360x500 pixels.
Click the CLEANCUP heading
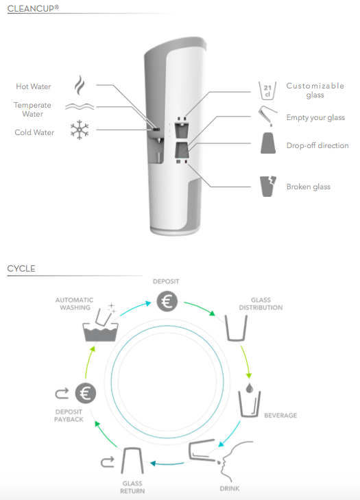(33, 8)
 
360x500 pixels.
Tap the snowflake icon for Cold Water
(80, 130)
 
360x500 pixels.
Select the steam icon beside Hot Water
(80, 86)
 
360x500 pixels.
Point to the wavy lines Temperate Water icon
(80, 106)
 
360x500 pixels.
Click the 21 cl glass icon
(267, 91)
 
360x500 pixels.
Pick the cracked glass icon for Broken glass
(268, 187)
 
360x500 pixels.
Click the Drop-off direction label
(317, 145)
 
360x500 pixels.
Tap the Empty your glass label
(315, 118)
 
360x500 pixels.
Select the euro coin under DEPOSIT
(167, 301)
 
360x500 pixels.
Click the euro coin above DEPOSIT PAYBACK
(86, 393)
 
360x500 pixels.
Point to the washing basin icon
(100, 324)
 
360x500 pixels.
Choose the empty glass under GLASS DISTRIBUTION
(237, 328)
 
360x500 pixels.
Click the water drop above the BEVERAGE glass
(250, 388)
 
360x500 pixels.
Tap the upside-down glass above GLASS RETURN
(132, 461)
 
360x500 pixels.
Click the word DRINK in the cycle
(230, 488)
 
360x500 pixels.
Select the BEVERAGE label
(280, 415)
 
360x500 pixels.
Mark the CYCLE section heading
(21, 268)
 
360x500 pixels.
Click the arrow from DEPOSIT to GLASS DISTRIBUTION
(200, 307)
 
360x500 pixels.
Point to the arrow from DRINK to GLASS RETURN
(167, 464)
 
